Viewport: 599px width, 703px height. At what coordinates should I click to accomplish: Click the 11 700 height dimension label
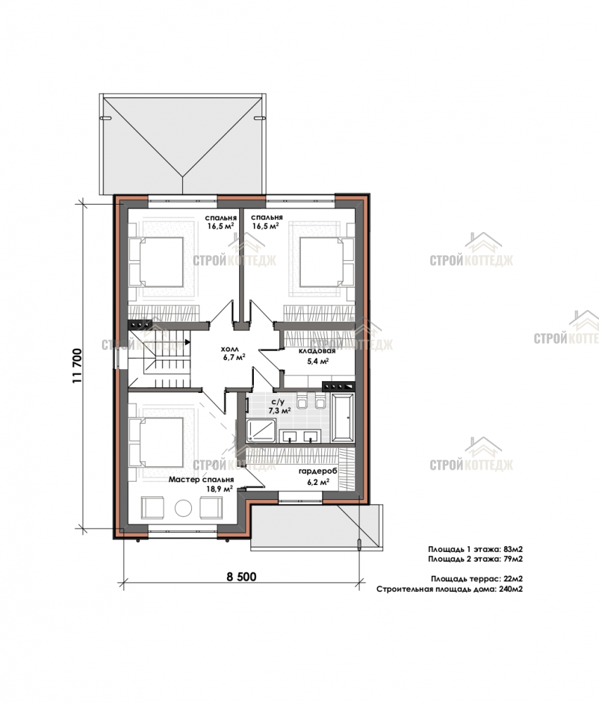[x=77, y=366]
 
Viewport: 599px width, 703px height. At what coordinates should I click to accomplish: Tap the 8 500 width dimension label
[x=241, y=576]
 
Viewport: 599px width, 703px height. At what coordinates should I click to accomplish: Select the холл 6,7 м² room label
[x=233, y=354]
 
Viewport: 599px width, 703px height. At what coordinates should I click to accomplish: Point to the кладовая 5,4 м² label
[x=318, y=356]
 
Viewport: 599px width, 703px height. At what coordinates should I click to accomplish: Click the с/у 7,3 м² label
[x=279, y=406]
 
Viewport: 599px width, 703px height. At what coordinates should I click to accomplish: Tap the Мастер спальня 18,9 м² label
[x=201, y=484]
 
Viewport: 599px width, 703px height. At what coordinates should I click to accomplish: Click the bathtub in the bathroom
[x=342, y=418]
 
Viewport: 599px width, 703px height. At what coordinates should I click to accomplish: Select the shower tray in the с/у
[x=261, y=430]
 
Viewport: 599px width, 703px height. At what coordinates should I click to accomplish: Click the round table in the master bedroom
[x=183, y=508]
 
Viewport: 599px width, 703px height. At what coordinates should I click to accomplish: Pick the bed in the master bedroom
[x=157, y=442]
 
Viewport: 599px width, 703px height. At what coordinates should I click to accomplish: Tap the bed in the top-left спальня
[x=157, y=262]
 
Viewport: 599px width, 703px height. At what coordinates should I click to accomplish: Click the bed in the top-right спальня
[x=327, y=262]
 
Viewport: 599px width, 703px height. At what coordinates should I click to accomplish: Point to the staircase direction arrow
[x=187, y=342]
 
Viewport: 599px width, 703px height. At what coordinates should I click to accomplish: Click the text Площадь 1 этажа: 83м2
[x=475, y=549]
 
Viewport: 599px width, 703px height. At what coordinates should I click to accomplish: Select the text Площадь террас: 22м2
[x=477, y=579]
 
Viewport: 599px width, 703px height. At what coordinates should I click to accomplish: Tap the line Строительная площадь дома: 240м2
[x=450, y=589]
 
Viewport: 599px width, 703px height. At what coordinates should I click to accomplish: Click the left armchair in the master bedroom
[x=153, y=508]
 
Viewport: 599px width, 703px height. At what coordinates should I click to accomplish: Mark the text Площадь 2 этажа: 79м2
[x=475, y=559]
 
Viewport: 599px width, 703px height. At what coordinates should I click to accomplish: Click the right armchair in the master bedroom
[x=211, y=508]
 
